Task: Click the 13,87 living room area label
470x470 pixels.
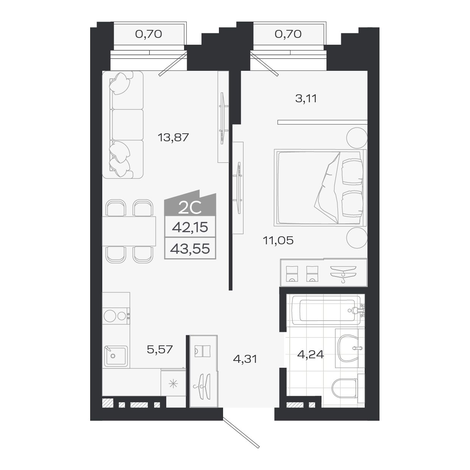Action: (173, 137)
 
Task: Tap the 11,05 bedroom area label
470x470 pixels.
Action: (278, 240)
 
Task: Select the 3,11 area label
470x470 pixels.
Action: (306, 99)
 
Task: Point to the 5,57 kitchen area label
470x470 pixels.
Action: (159, 349)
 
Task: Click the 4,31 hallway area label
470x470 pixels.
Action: (245, 358)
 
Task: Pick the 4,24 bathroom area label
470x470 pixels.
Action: (310, 355)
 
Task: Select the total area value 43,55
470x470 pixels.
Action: (190, 249)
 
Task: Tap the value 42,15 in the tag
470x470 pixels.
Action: (190, 227)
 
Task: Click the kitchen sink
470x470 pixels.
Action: (116, 355)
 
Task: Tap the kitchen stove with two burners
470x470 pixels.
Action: (116, 315)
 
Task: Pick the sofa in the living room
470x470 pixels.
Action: (123, 125)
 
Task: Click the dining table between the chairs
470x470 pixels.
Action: (129, 231)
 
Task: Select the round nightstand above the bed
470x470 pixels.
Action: (357, 138)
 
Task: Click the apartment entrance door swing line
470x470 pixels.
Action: (241, 432)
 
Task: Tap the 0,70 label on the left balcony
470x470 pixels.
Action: (148, 34)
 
